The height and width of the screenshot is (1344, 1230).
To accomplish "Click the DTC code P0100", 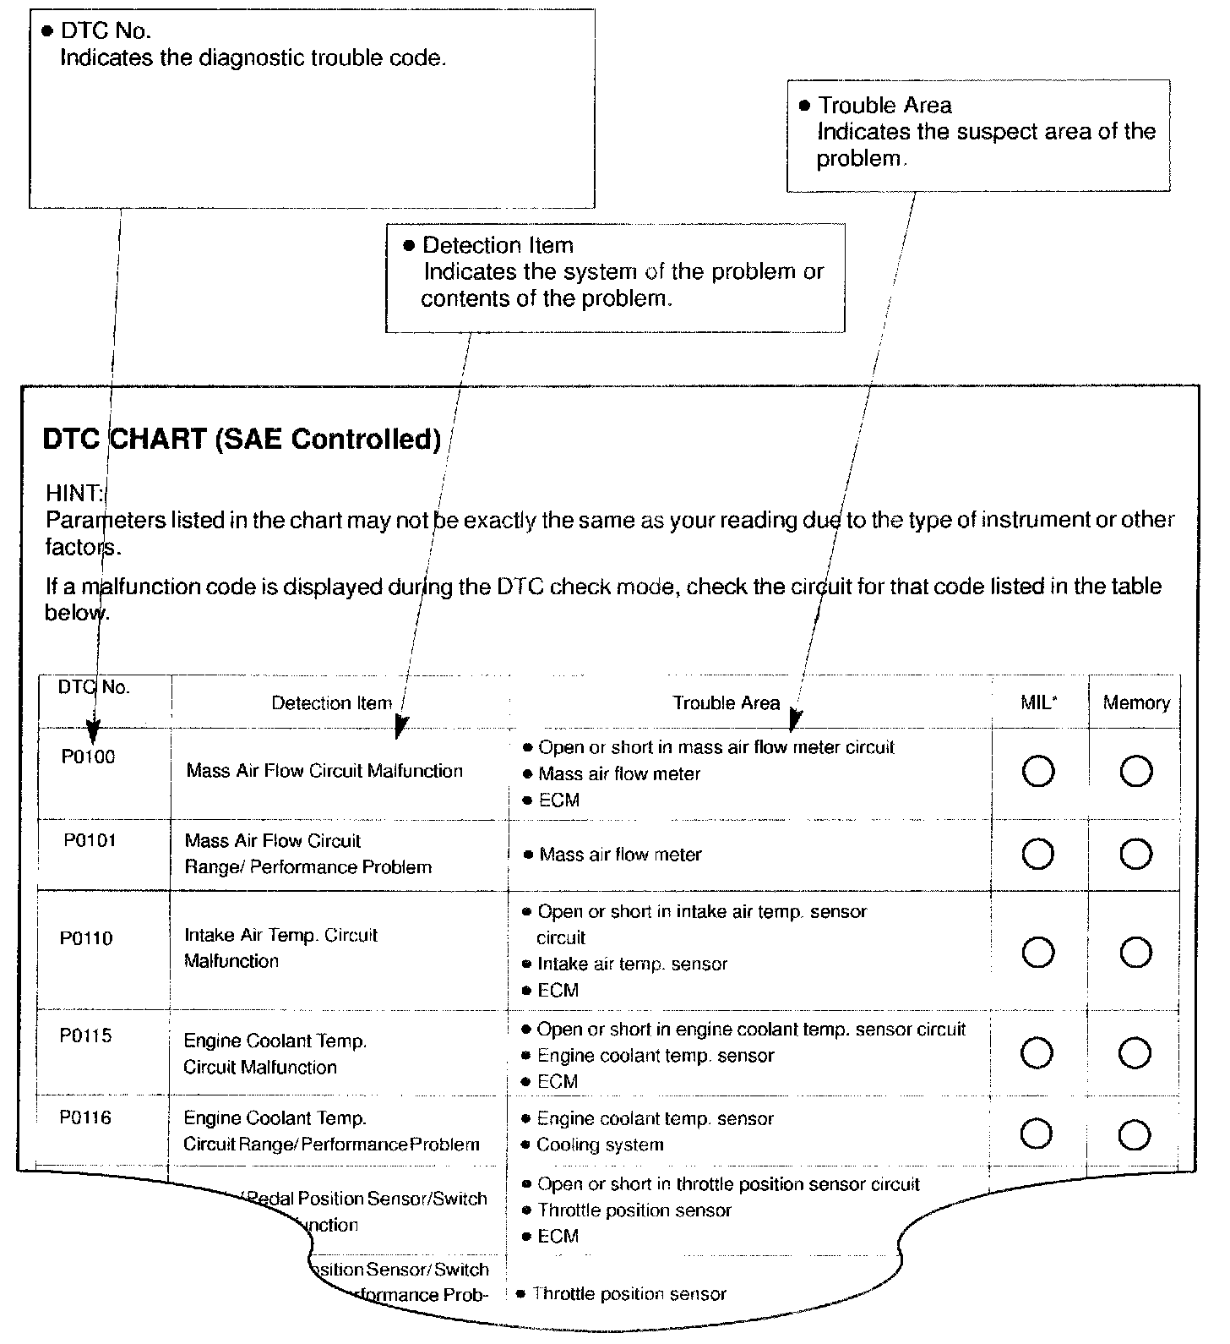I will tap(88, 757).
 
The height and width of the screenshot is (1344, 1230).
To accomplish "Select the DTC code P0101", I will tap(90, 840).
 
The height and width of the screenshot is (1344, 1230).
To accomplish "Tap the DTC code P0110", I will tap(86, 938).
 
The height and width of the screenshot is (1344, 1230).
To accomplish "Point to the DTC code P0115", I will tap(85, 1035).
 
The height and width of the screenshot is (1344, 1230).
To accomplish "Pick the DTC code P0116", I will tap(85, 1117).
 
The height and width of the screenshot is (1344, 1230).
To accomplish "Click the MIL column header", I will tap(1038, 702).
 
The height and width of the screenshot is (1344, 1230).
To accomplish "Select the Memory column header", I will tap(1136, 702).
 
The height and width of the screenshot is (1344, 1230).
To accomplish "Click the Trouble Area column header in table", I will tap(726, 703).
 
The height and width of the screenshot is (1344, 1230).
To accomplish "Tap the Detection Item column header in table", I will tap(331, 703).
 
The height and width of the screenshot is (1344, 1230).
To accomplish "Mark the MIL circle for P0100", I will tap(1038, 771).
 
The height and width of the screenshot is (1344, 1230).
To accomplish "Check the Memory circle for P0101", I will tap(1135, 855).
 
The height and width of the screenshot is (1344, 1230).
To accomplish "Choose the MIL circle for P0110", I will tap(1038, 953).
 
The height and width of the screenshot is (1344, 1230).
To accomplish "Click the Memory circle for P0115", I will tap(1135, 1053).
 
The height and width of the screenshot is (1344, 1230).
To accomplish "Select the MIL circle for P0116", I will tap(1037, 1134).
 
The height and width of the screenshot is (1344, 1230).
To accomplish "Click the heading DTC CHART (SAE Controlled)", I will tap(242, 440).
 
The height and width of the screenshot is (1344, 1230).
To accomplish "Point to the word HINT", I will tap(74, 493).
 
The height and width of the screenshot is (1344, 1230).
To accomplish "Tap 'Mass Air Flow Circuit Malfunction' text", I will tap(324, 771).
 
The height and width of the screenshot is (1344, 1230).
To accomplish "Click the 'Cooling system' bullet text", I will tap(600, 1145).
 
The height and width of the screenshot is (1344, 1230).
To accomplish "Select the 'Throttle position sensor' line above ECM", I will tap(634, 1210).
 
